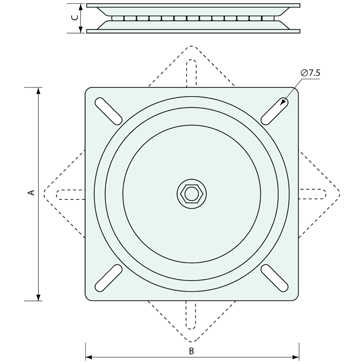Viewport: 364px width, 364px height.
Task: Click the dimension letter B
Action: (x=191, y=351)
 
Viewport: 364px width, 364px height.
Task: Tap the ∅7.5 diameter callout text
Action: (x=310, y=73)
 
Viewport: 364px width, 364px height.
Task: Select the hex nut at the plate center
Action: (x=192, y=193)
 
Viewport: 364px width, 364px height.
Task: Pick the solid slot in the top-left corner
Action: (x=109, y=111)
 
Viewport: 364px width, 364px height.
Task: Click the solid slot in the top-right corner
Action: (x=275, y=111)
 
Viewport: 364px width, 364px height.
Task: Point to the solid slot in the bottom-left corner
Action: (x=109, y=278)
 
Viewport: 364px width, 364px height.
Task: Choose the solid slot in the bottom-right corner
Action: (x=275, y=278)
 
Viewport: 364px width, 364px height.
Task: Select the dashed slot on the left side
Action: (x=71, y=195)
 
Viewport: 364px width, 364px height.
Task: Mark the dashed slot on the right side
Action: (x=313, y=194)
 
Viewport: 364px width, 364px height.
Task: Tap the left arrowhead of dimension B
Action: (x=89, y=357)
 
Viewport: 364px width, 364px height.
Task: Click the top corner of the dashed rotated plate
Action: (x=192, y=46)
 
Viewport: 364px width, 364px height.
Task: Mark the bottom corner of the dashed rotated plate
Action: (x=192, y=341)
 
